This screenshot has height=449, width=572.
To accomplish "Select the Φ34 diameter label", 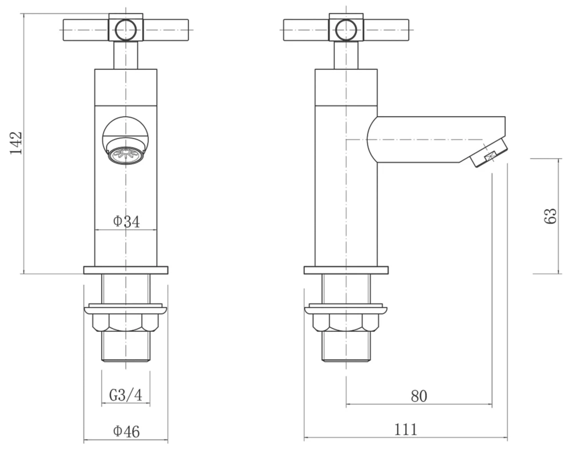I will [126, 221].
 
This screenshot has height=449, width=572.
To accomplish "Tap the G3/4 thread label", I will [125, 395].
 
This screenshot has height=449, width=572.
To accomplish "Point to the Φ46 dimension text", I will [126, 432].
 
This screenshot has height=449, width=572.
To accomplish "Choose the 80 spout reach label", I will [419, 396].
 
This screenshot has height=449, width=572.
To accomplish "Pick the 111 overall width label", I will [406, 429].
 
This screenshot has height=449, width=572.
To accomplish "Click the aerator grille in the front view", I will [125, 154].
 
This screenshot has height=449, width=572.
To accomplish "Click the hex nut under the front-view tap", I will [125, 323].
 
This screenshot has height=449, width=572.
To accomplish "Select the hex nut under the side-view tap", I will [345, 323].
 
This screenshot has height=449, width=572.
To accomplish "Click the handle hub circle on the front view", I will [125, 29].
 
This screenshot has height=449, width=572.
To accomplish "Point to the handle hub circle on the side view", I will [345, 29].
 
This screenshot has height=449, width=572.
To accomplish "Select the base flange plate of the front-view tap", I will [125, 270].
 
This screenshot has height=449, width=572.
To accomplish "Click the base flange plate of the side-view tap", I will [345, 270].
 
